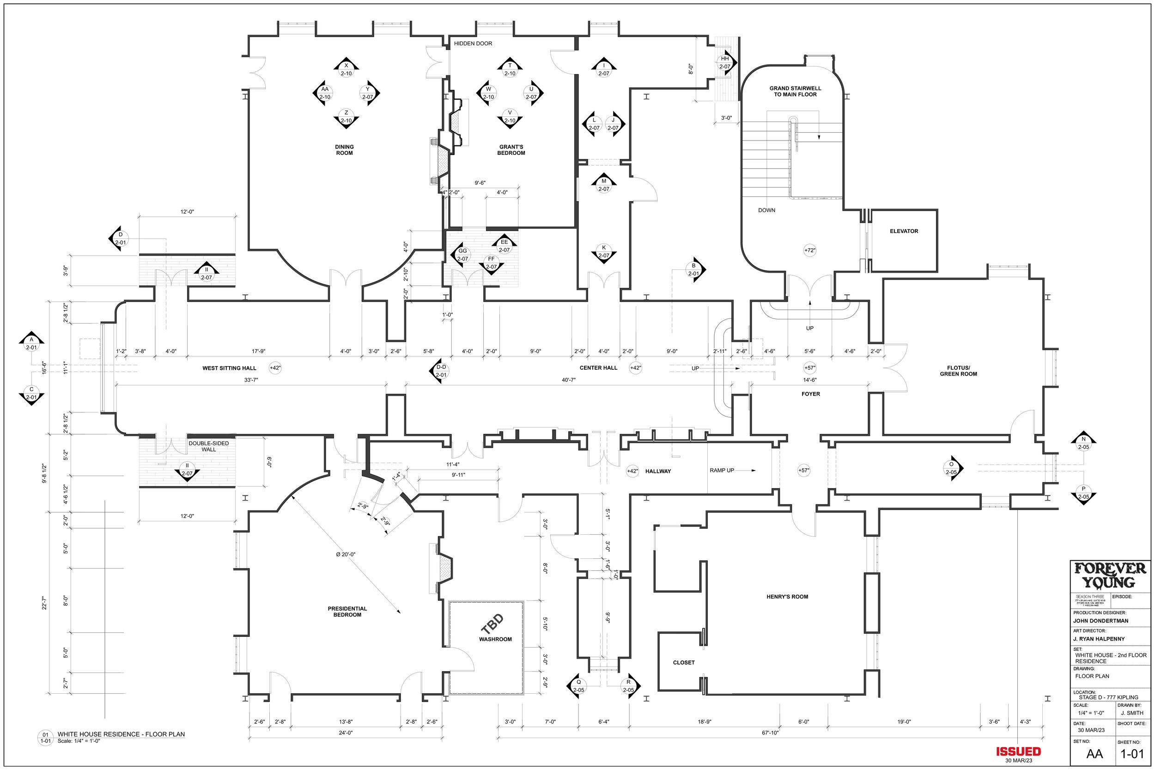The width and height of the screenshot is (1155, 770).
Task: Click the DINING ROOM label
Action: tap(344, 150)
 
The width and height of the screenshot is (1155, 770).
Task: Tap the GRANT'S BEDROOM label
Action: tap(511, 150)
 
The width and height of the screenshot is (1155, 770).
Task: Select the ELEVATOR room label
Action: tap(904, 231)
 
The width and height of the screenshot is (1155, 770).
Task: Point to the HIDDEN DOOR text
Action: tap(473, 44)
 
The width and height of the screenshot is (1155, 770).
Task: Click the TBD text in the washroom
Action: tap(492, 624)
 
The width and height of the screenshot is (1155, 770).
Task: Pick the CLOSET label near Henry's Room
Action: tap(683, 662)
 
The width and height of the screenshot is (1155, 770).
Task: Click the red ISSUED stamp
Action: tap(1018, 752)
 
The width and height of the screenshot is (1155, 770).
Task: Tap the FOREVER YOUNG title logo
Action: tap(1110, 575)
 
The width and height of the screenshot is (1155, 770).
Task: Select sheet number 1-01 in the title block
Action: tap(1131, 754)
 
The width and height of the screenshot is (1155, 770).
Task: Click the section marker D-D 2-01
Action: tap(441, 371)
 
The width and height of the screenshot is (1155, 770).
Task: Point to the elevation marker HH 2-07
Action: tap(724, 63)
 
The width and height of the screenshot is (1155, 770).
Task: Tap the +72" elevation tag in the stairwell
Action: tap(809, 251)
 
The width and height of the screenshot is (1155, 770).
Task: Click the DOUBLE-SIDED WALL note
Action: tap(209, 446)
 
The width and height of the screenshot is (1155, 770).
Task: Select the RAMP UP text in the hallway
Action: tap(722, 471)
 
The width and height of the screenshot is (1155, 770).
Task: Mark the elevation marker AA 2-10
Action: tap(324, 93)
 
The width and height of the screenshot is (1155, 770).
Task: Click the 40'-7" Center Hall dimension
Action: tap(568, 380)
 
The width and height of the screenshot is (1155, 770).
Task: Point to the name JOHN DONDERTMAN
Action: tap(1100, 621)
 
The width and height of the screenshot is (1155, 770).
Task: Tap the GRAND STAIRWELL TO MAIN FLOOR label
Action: tap(795, 92)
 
